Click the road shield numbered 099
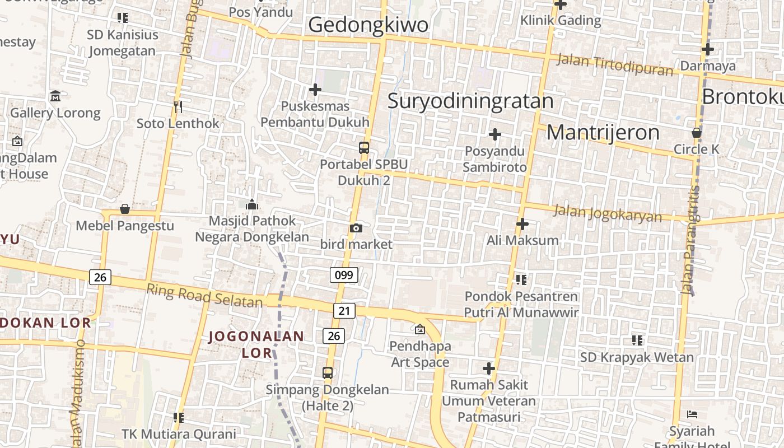pos(344,275)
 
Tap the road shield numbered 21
pos(344,311)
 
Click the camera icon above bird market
pos(356,228)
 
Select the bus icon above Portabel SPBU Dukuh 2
pos(364,148)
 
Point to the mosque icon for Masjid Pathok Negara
pos(252,204)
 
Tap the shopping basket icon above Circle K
pos(697,133)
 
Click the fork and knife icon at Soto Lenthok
pos(178,106)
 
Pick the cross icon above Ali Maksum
pos(522,224)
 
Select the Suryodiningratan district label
pos(470,101)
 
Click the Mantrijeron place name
pos(603,133)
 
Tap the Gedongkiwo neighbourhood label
pos(368,25)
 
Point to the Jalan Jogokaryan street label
pos(608,213)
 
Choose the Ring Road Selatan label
pos(204,296)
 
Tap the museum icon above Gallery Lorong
pos(55,96)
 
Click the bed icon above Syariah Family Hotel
pos(692,415)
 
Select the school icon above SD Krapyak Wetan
pos(637,340)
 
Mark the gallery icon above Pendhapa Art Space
pos(420,329)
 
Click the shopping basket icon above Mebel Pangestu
pos(125,209)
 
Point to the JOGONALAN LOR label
pos(256,344)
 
